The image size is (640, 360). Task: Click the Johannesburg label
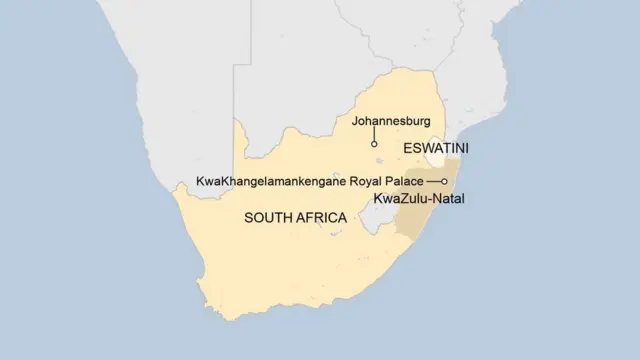coord(390,122)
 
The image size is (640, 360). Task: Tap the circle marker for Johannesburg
coord(374,145)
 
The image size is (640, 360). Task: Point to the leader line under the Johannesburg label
coord(374,135)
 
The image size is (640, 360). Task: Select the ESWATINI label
coord(436,148)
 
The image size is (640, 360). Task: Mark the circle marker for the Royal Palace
coord(444,181)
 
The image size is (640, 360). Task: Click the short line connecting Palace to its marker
coord(433,181)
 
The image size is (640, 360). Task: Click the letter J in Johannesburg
coord(353,122)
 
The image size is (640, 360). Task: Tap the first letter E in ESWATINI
coord(407,148)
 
